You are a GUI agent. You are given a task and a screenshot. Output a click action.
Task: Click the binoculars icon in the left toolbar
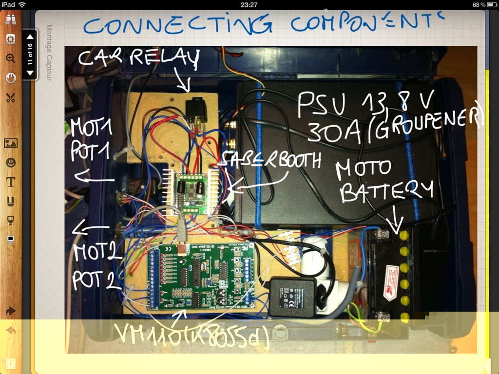(10, 19)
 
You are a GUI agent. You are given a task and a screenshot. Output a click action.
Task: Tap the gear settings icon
(10, 39)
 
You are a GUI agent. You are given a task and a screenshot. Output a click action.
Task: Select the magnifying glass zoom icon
(10, 58)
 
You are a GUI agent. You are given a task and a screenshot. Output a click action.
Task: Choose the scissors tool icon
(10, 97)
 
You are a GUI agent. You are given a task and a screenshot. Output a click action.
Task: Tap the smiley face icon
(10, 162)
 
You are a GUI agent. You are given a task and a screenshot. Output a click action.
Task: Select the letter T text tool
(10, 182)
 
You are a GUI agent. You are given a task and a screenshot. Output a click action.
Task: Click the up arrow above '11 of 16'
(30, 37)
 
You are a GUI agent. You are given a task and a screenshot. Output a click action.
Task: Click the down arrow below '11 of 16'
(30, 73)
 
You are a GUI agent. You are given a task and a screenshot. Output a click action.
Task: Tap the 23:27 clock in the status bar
(249, 4)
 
